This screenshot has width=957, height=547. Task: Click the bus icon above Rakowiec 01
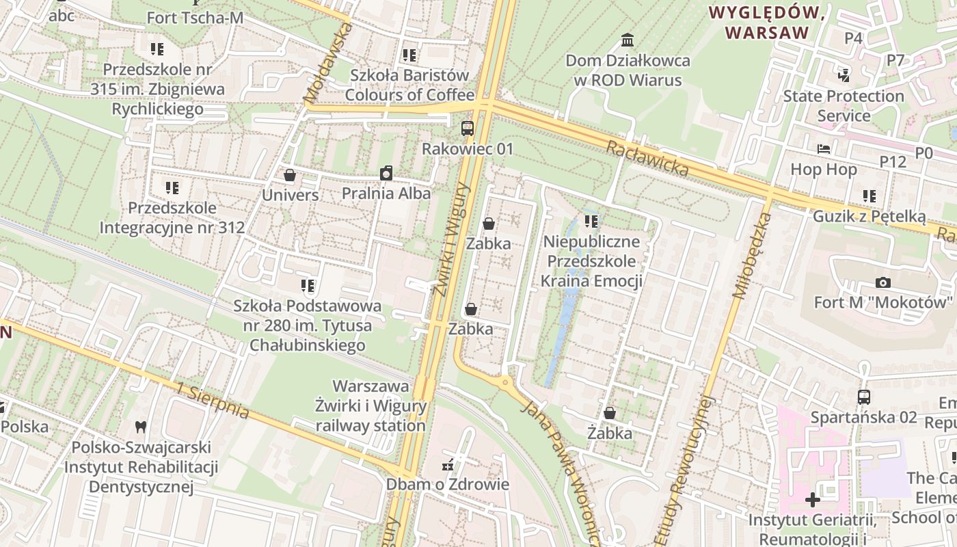point(468,128)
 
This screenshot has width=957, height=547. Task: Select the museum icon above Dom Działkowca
point(628,40)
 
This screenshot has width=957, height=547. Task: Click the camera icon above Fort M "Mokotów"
point(882,282)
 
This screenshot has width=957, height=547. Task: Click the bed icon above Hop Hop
point(824,149)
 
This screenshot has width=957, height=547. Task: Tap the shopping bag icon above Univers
point(290,176)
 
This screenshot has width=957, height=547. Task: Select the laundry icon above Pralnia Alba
point(386,174)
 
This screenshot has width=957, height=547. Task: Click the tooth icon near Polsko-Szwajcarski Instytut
point(141,427)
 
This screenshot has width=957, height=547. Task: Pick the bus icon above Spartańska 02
point(863,397)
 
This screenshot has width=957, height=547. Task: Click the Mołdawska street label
point(329,63)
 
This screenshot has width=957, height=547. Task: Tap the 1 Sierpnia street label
point(212,401)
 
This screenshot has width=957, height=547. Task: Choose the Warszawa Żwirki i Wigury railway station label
point(370,406)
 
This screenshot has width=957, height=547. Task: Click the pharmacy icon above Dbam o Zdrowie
point(448,465)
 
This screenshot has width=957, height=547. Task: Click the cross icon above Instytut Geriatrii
point(812,500)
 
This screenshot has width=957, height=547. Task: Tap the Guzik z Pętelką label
point(869,217)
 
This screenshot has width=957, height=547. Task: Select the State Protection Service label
point(844,105)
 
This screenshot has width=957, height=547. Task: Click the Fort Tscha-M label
point(195,18)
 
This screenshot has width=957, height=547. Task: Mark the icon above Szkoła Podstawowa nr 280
point(307,285)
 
